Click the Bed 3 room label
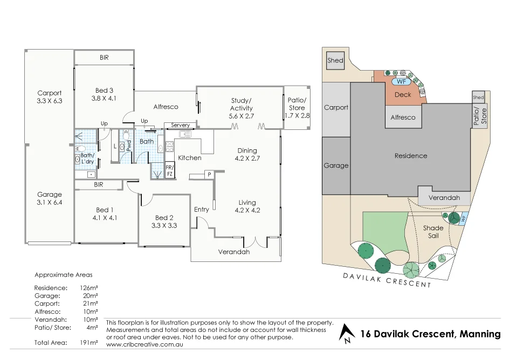point(104,90)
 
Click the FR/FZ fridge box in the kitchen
point(169,171)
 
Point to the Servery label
point(180,125)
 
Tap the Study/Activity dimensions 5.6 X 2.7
point(240,116)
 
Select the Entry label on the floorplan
point(201,209)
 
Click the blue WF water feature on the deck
point(400,82)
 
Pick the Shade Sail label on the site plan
point(433,232)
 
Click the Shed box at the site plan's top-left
point(335,60)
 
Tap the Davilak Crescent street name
point(387,280)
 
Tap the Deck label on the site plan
point(403,94)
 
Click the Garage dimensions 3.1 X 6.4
point(50,203)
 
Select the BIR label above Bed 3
point(104,57)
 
